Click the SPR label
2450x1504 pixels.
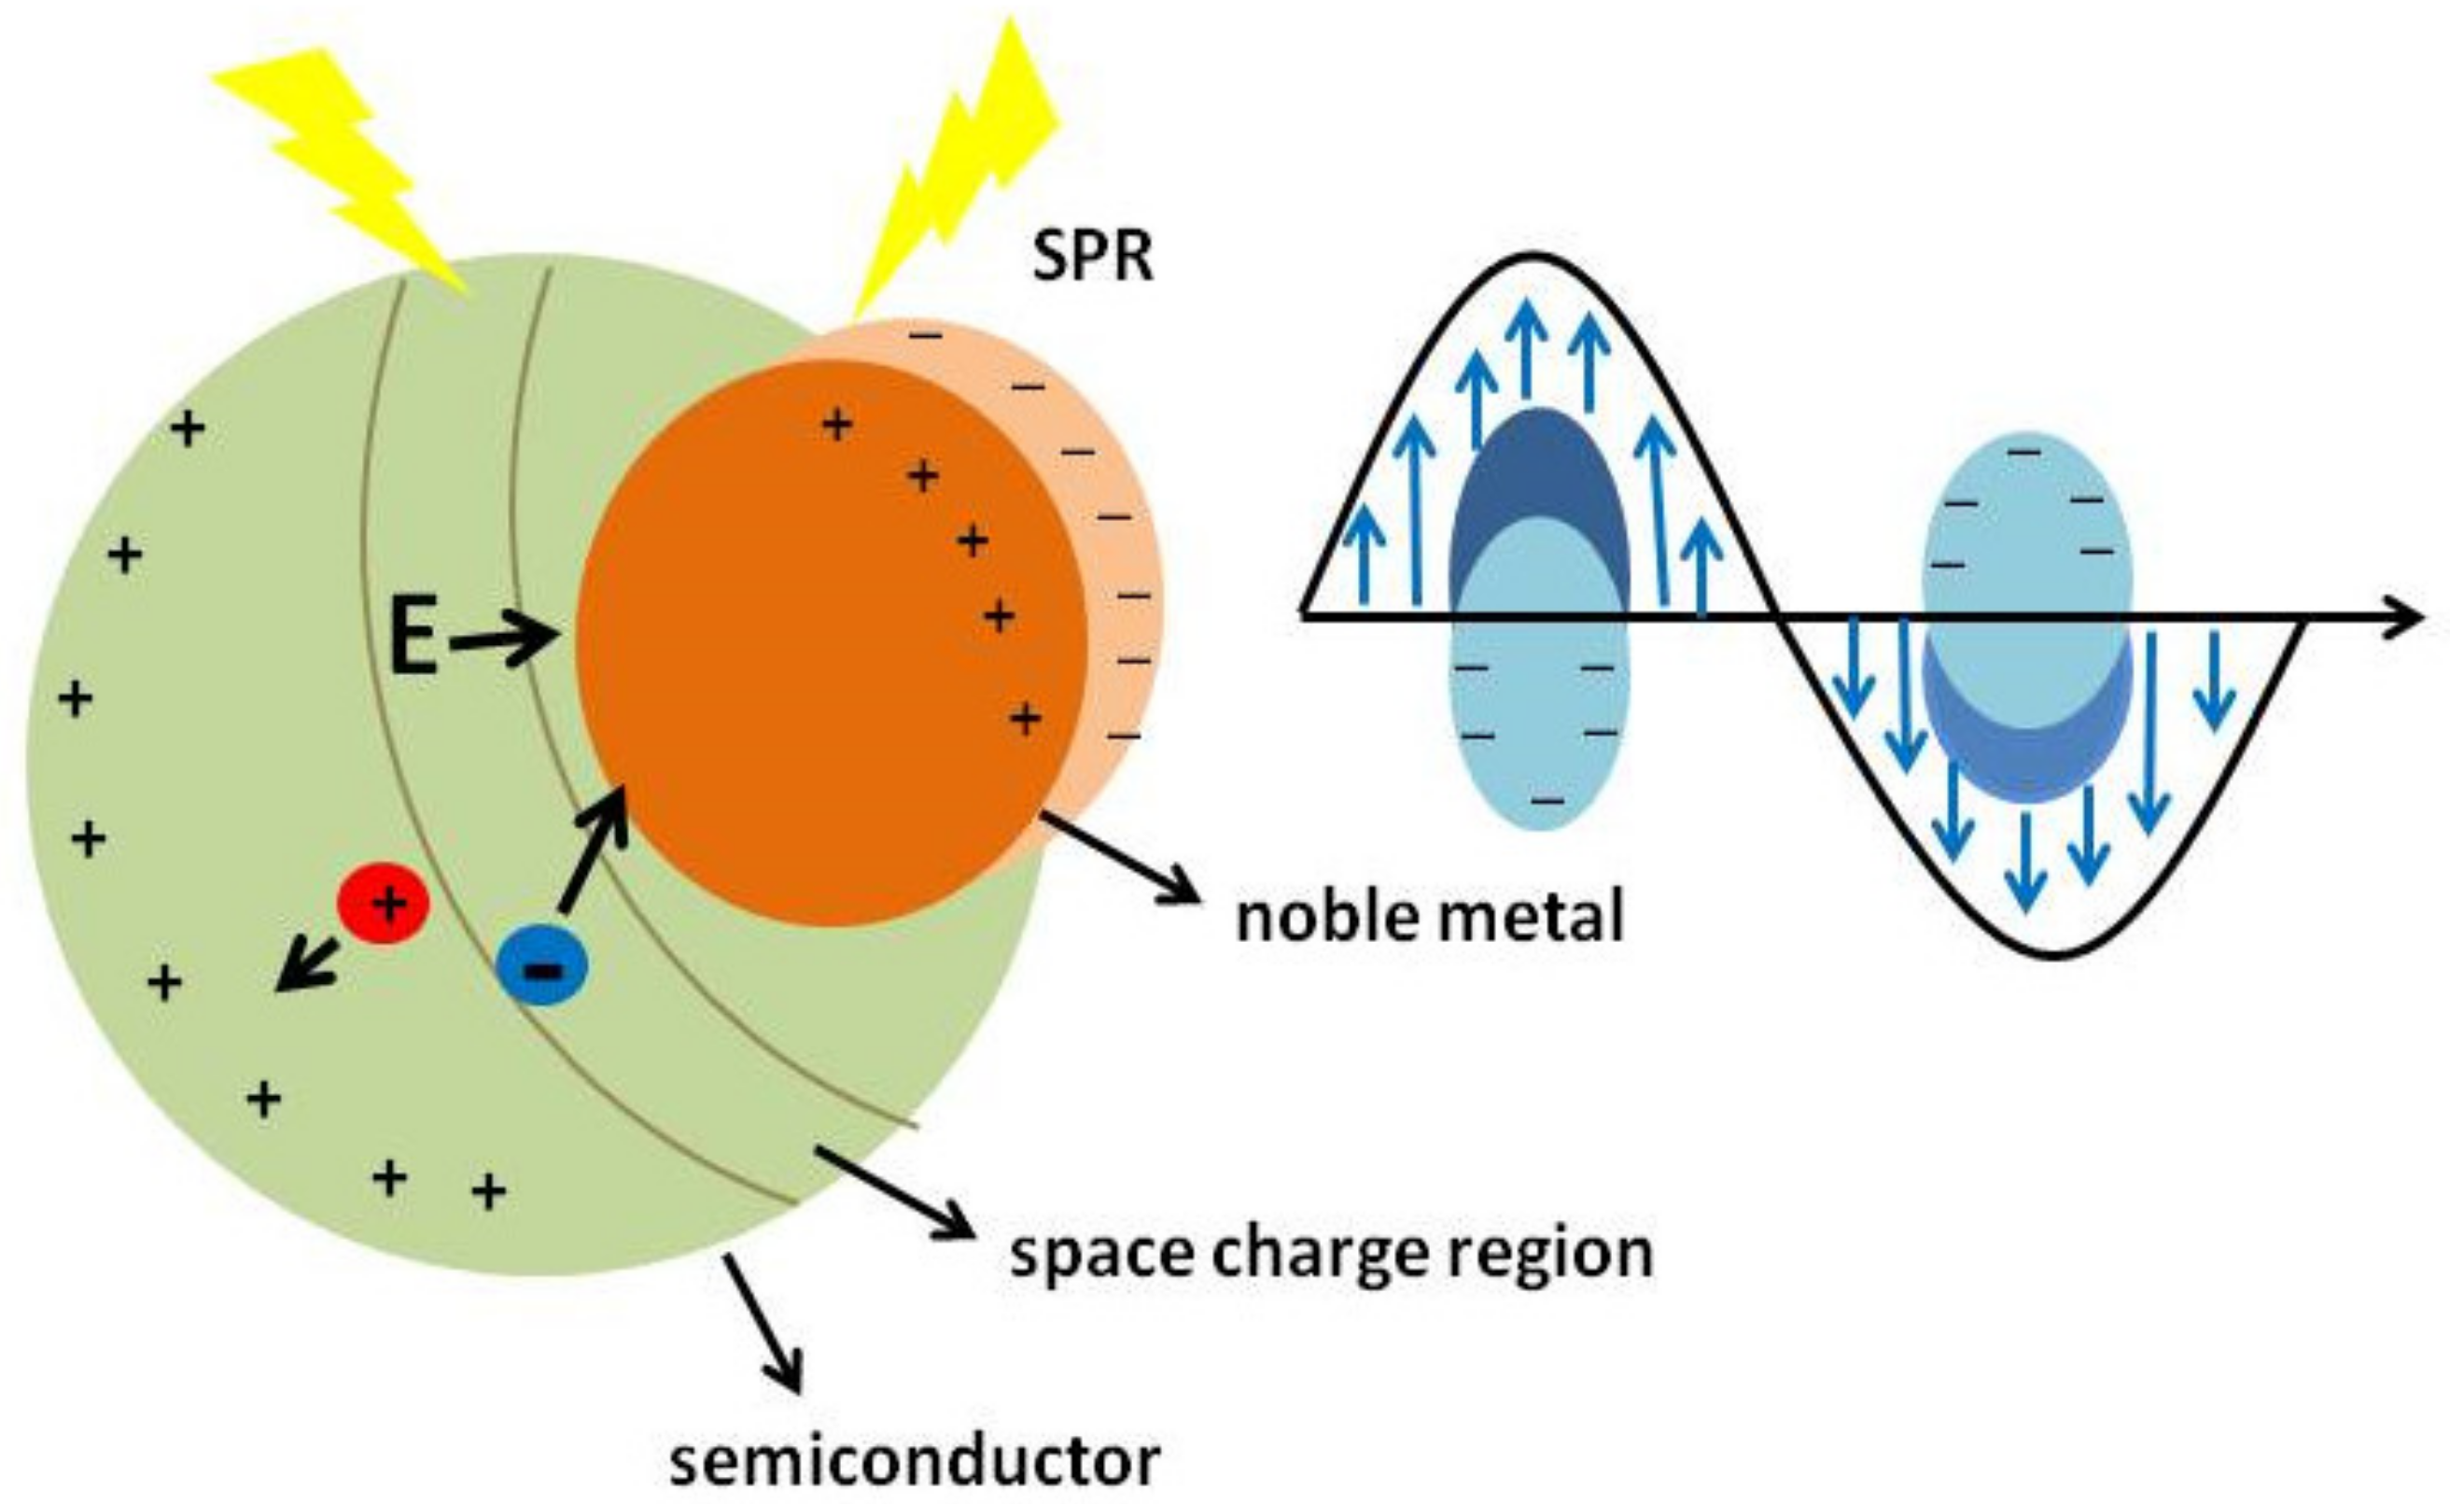pyautogui.click(x=1093, y=259)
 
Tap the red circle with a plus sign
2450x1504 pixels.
pyautogui.click(x=384, y=903)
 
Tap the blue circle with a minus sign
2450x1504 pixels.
pyautogui.click(x=542, y=966)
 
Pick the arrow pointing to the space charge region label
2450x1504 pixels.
pyautogui.click(x=892, y=1191)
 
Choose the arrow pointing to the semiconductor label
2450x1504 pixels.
pyautogui.click(x=763, y=1323)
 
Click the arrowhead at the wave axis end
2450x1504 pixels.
pyautogui.click(x=2401, y=617)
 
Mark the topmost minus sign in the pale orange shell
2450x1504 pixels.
pyautogui.click(x=925, y=335)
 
